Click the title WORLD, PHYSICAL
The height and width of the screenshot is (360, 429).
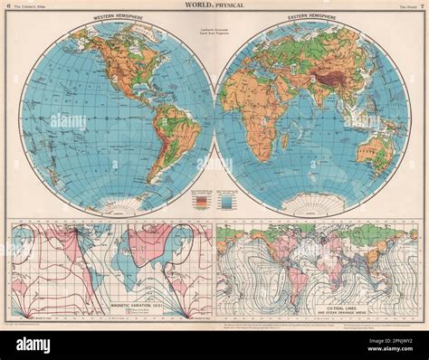[x=214, y=7]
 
